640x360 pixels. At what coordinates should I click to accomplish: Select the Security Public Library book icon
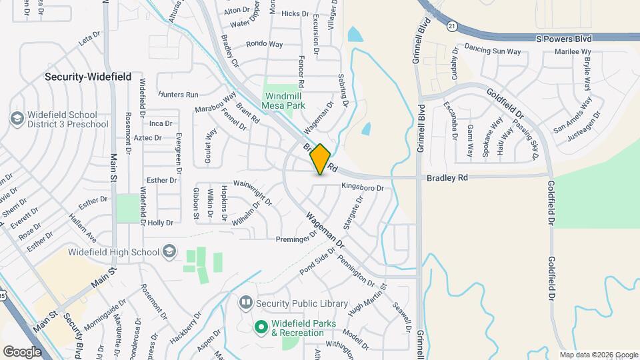[245, 303]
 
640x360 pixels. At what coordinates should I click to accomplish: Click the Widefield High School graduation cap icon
[169, 251]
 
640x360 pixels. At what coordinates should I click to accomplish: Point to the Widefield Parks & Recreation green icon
[261, 328]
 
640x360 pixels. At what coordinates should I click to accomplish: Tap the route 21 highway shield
[452, 25]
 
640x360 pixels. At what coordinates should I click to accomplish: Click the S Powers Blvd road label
[564, 39]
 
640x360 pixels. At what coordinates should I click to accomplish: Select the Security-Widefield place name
[88, 77]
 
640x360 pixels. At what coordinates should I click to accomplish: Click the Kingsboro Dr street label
[363, 188]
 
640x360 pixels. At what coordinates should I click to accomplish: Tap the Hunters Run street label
[178, 95]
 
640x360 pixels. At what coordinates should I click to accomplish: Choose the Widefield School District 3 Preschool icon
[17, 119]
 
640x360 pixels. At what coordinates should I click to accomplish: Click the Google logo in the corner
[22, 351]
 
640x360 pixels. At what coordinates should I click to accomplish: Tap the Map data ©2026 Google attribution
[598, 355]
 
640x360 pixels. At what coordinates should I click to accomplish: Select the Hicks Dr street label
[295, 13]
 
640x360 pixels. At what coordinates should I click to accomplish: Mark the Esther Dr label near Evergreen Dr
[161, 180]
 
